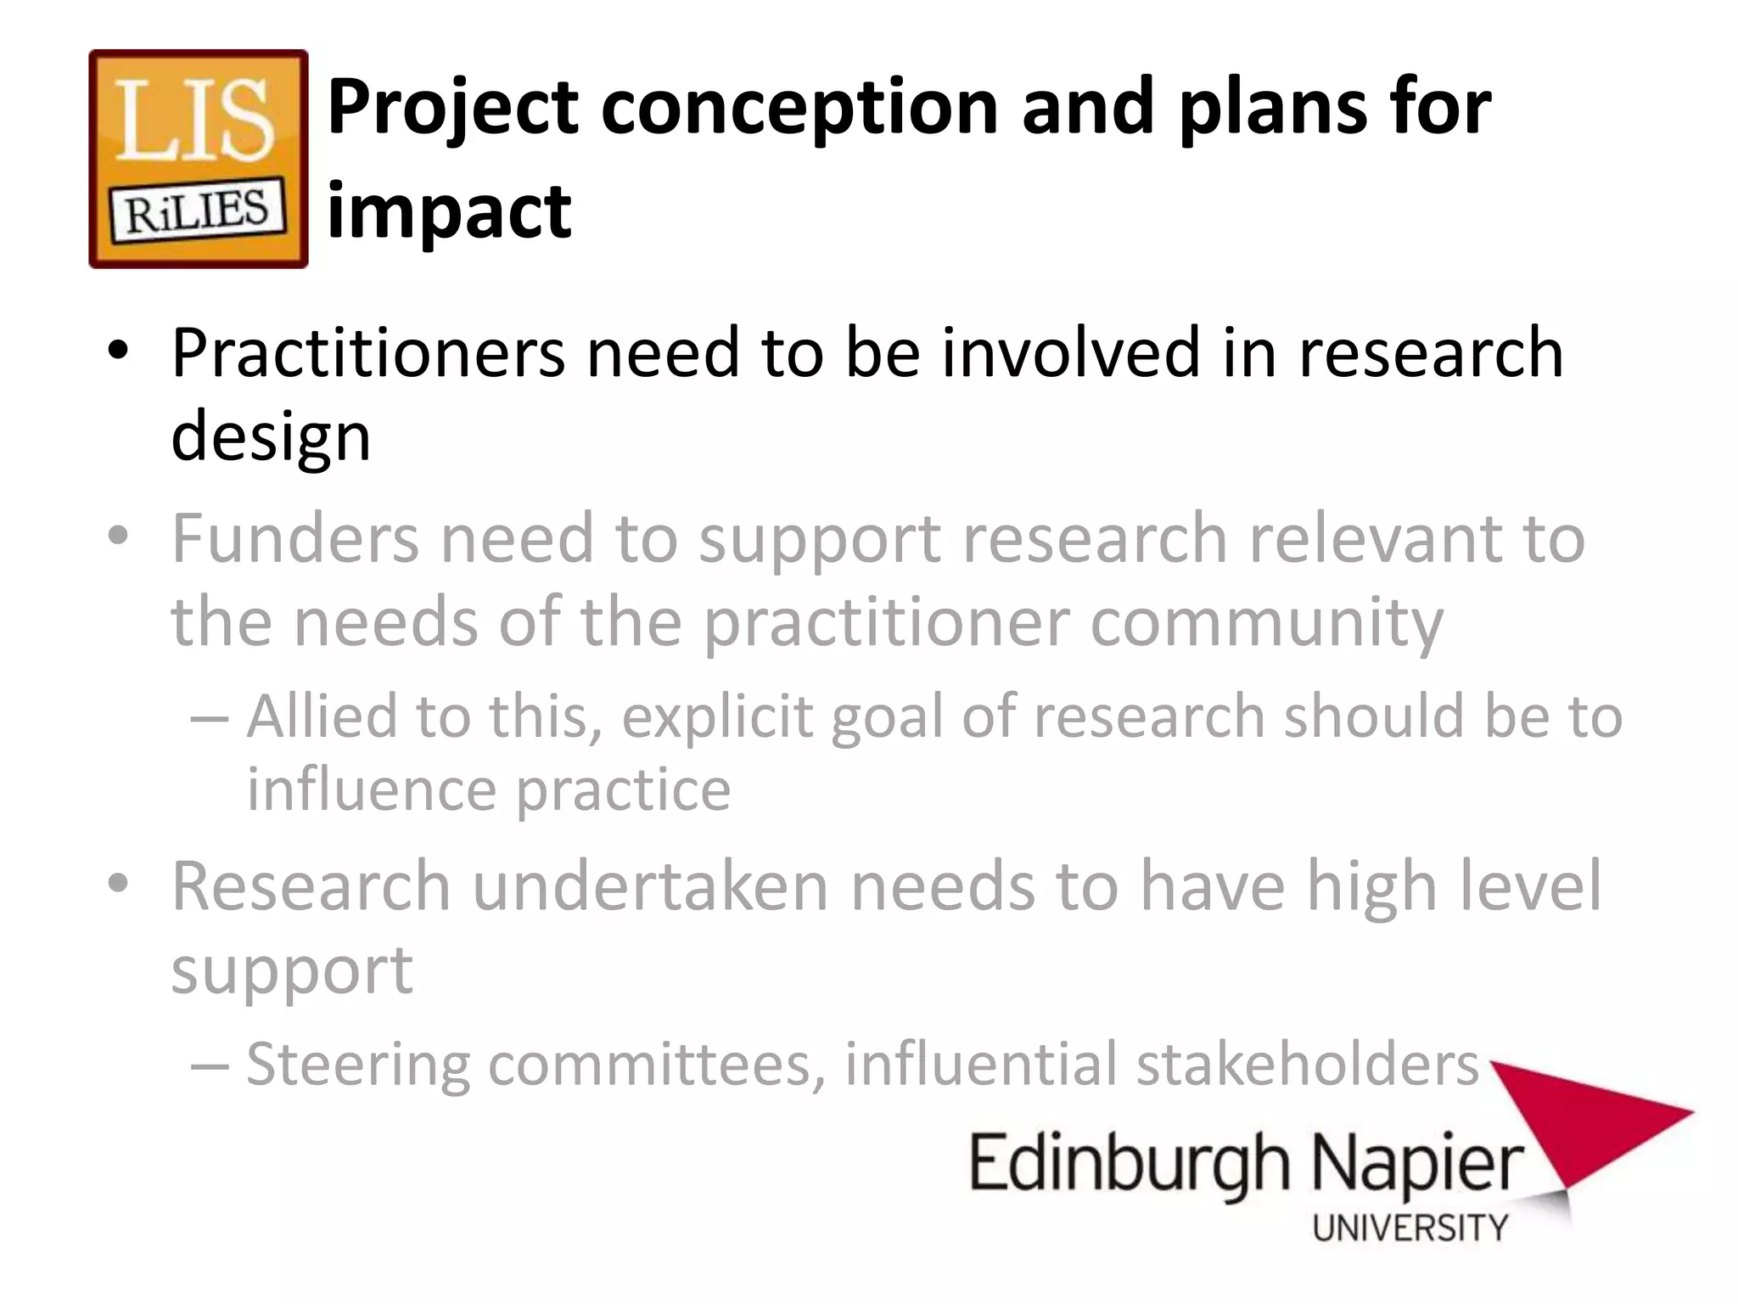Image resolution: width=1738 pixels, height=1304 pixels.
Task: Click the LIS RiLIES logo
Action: [x=199, y=159]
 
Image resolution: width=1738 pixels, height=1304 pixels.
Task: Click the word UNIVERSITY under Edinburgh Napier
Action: [x=1410, y=1228]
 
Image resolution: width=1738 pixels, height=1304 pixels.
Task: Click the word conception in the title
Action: [x=799, y=108]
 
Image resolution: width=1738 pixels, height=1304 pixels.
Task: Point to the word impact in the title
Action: [x=450, y=212]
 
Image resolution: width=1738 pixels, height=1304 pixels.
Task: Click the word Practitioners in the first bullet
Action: [x=367, y=352]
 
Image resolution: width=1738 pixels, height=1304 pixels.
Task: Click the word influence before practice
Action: [x=372, y=790]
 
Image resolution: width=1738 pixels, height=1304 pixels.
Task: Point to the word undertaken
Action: [x=650, y=886]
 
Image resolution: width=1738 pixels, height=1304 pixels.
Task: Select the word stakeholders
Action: [x=1307, y=1064]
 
